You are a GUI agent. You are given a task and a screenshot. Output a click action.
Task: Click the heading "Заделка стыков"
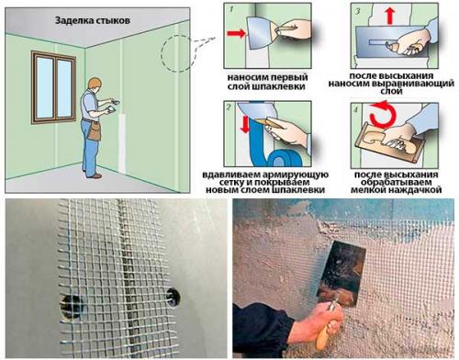[93, 21]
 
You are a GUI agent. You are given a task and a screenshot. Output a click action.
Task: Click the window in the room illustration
[53, 88]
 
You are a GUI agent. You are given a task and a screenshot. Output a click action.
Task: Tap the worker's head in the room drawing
[94, 84]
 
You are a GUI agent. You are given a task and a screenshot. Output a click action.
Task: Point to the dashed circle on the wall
[178, 54]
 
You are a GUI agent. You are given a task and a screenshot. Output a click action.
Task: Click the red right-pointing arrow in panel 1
[236, 33]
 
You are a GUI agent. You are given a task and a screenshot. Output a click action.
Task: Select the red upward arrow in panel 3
[389, 17]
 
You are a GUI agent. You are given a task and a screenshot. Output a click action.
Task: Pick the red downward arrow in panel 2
[245, 124]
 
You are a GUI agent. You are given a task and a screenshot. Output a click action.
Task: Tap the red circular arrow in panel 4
[383, 115]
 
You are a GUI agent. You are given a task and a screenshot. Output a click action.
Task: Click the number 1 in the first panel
[231, 9]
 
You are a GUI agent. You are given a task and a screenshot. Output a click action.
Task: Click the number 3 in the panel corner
[358, 11]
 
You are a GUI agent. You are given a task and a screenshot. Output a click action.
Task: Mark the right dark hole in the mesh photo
[174, 296]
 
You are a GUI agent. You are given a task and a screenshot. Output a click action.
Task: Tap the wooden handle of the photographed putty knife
[327, 326]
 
